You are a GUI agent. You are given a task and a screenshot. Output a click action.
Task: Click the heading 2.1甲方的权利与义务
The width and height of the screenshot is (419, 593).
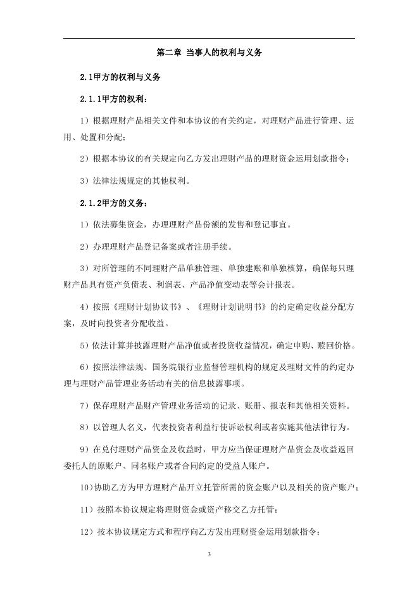[x=120, y=77]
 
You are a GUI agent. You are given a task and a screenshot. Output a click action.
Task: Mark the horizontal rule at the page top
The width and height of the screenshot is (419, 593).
[x=209, y=39]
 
